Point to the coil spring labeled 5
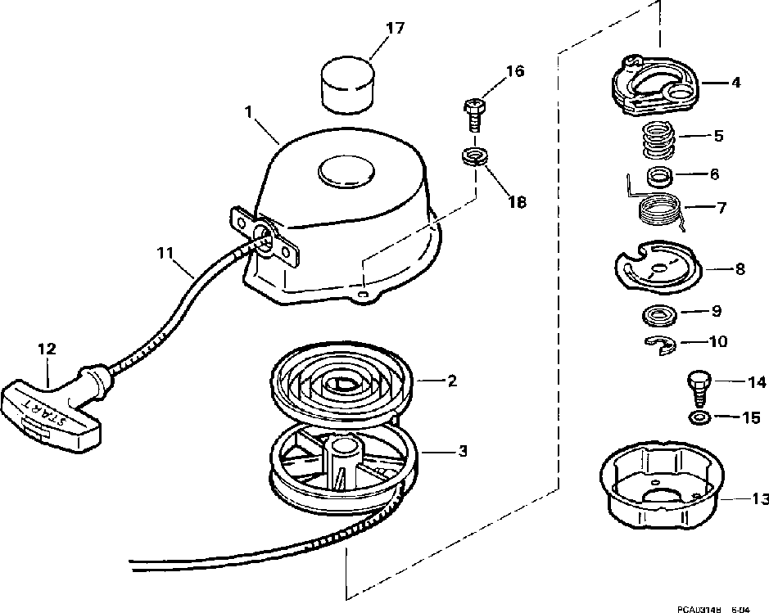[x=658, y=141]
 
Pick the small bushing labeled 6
[x=658, y=176]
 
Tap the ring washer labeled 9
[x=658, y=312]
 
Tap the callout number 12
[x=47, y=348]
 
